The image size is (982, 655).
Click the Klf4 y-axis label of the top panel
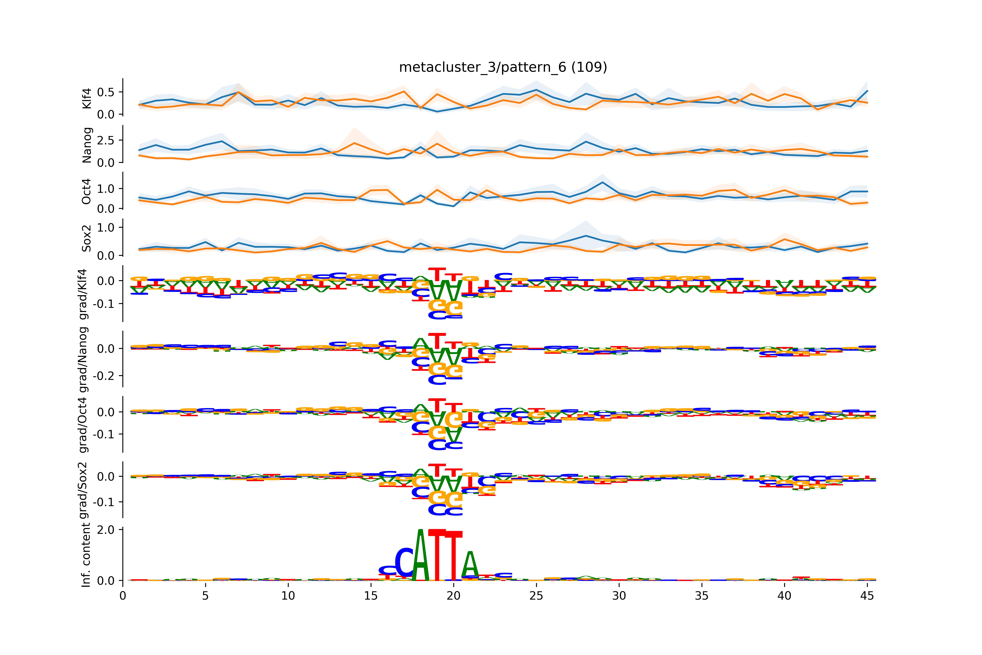click(x=87, y=99)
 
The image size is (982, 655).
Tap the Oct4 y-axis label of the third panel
click(x=87, y=191)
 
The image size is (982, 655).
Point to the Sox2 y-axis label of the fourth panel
click(x=87, y=238)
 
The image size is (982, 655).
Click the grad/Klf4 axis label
click(x=83, y=294)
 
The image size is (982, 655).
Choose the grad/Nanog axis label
click(x=83, y=359)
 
